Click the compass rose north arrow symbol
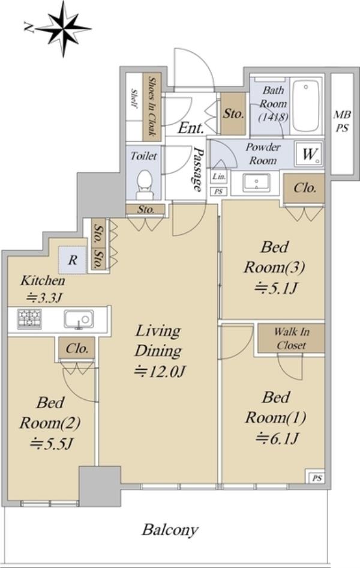(62, 29)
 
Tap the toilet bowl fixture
(145, 184)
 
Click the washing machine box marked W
(309, 154)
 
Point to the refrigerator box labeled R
(73, 260)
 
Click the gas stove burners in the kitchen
(29, 319)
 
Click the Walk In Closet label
(292, 338)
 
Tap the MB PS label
(342, 121)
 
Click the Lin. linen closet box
(219, 177)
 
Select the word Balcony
(170, 530)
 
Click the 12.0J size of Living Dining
(160, 371)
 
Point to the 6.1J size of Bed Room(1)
(277, 438)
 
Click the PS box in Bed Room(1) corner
(317, 478)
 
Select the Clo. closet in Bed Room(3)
(305, 188)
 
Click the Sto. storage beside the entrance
(233, 113)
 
